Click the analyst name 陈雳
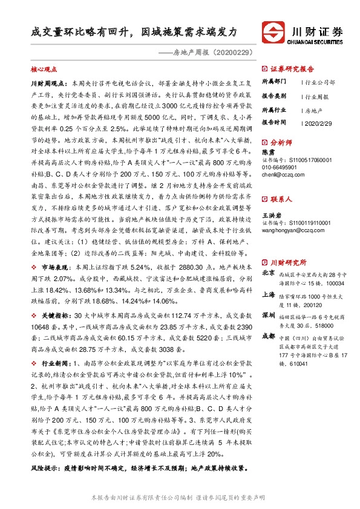point(267,152)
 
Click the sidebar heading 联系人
point(281,198)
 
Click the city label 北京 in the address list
point(268,273)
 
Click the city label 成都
point(268,337)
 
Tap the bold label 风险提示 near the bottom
point(45,468)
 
